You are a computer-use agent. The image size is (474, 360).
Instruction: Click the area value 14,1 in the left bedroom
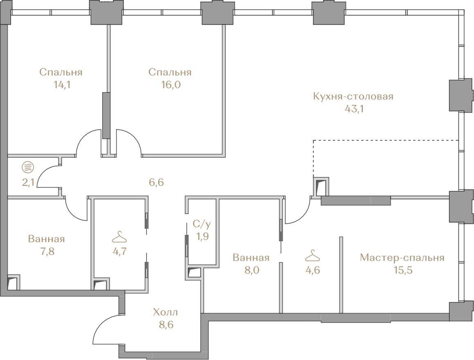tap(62, 85)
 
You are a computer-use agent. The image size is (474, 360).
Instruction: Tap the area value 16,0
tap(171, 85)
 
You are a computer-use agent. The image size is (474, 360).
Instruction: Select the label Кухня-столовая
tap(353, 97)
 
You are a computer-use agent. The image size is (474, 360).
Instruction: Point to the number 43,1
tap(354, 109)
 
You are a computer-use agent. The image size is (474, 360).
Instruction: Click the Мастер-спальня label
tap(402, 258)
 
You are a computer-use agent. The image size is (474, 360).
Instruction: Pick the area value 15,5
tap(402, 270)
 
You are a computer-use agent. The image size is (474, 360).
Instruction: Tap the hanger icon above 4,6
tap(312, 256)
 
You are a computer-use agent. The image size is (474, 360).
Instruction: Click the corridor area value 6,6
tap(156, 182)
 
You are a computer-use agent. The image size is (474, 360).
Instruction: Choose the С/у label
tap(201, 224)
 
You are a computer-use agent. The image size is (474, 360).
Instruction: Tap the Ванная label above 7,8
tap(46, 239)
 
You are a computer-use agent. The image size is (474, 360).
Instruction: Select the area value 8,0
tap(252, 270)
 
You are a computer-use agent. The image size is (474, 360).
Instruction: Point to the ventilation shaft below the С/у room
tap(194, 273)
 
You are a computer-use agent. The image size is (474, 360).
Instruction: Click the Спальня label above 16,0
tap(170, 72)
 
